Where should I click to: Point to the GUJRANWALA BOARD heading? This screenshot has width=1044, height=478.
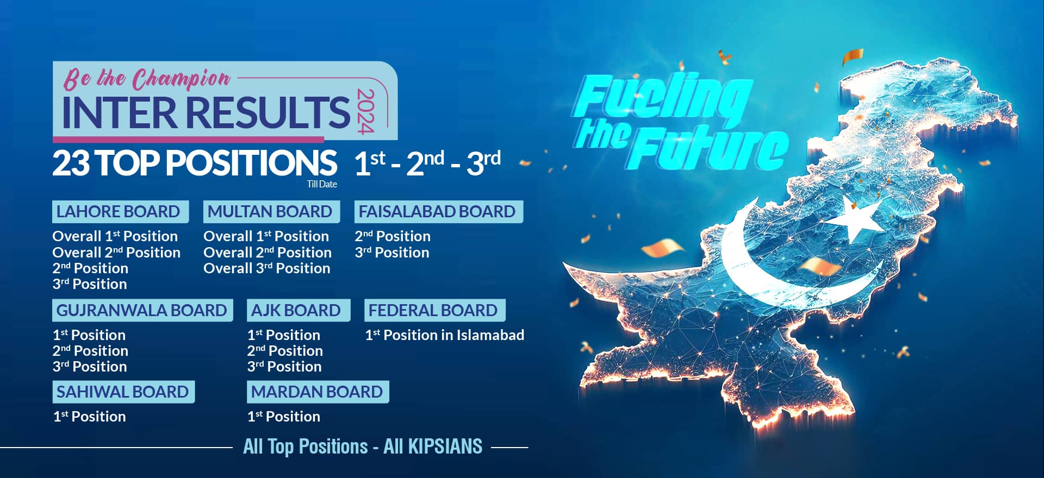[x=141, y=310]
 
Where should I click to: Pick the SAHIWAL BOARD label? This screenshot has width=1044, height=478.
[x=122, y=392]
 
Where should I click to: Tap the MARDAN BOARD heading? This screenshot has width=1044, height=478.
[x=317, y=392]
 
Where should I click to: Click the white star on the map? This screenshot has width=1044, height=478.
[x=852, y=219]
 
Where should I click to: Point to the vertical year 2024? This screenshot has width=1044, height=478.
[x=366, y=111]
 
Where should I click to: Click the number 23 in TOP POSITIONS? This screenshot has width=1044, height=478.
[x=71, y=163]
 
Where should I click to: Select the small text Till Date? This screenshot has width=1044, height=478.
[x=322, y=184]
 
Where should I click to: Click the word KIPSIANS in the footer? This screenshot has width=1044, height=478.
[x=445, y=446]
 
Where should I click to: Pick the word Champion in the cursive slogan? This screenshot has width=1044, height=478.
[x=182, y=80]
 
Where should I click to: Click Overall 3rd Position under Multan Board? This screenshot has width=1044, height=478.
[x=267, y=268]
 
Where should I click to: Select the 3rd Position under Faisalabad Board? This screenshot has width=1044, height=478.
[x=392, y=253]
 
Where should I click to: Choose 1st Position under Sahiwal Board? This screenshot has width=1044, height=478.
[x=89, y=417]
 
